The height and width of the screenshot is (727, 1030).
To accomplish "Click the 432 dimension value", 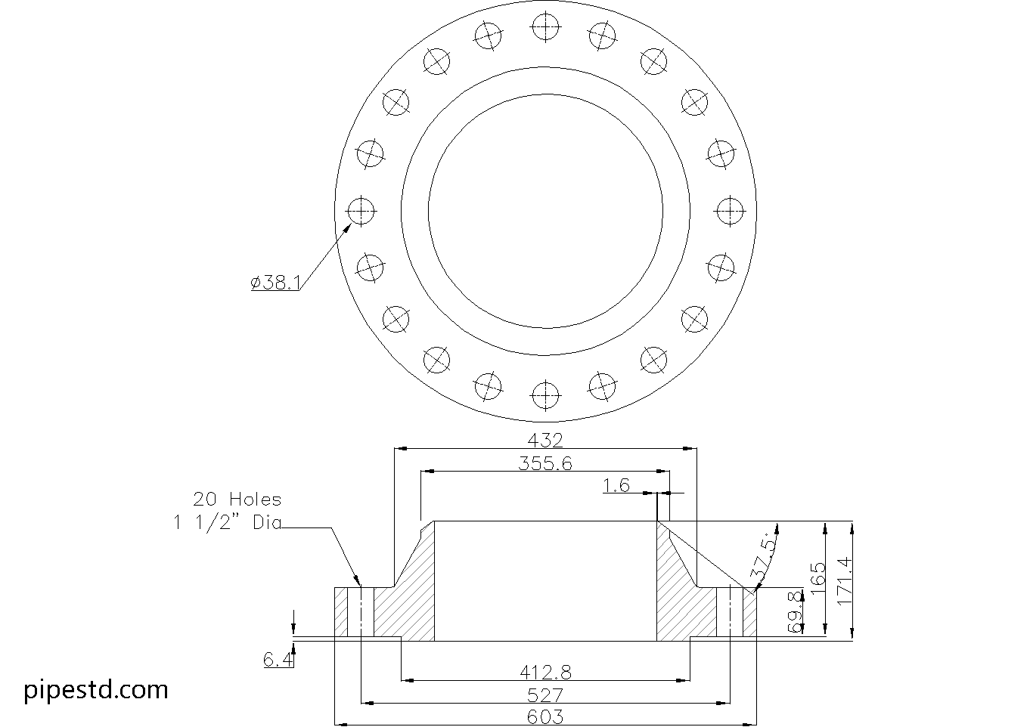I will [545, 440].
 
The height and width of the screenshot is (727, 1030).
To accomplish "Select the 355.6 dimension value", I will [545, 463].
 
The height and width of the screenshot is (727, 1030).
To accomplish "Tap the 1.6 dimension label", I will [616, 485].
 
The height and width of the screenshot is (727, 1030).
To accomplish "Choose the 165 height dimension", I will [817, 580].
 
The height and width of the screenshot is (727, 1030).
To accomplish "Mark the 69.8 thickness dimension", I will [794, 612].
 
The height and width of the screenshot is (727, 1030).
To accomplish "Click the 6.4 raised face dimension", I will [278, 660].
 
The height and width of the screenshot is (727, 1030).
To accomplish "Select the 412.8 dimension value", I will [545, 671].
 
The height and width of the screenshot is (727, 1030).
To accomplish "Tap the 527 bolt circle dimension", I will [545, 695].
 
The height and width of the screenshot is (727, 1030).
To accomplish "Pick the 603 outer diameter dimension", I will [545, 716].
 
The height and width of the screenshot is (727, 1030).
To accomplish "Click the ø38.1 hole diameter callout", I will [276, 283].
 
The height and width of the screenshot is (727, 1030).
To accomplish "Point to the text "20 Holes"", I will [237, 500].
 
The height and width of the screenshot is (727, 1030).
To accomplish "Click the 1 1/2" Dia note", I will [227, 522].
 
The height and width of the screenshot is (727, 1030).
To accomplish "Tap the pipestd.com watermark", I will [96, 689].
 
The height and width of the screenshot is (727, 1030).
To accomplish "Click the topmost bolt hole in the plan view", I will [544, 27].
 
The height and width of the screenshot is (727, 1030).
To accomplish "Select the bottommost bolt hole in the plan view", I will [544, 394].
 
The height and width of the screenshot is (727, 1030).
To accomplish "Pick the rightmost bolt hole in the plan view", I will [729, 210].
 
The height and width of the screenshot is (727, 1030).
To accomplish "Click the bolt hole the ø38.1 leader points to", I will [361, 210].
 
